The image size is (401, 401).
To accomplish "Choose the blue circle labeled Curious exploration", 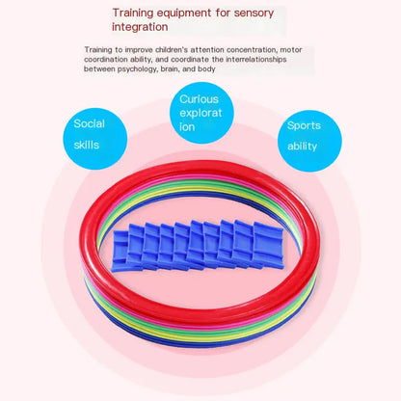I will [201, 113].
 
